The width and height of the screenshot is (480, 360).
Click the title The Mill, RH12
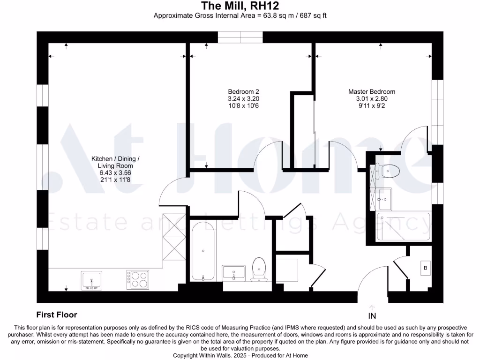240,6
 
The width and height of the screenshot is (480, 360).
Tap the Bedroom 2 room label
243,91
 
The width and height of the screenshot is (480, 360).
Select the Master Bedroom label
371,91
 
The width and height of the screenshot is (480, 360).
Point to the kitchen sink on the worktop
91,280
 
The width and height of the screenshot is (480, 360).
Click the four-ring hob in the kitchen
136,279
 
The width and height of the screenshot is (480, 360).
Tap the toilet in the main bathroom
259,270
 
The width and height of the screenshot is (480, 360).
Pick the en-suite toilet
389,171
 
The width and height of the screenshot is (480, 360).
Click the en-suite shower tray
404,227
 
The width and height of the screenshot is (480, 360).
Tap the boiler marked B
426,268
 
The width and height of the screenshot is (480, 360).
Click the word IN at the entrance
372,315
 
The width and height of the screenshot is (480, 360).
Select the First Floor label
57,315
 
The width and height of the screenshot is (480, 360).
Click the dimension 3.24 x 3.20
243,99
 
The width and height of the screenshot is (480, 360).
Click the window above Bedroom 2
241,37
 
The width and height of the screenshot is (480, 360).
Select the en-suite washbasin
384,200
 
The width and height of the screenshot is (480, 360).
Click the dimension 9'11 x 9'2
371,106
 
